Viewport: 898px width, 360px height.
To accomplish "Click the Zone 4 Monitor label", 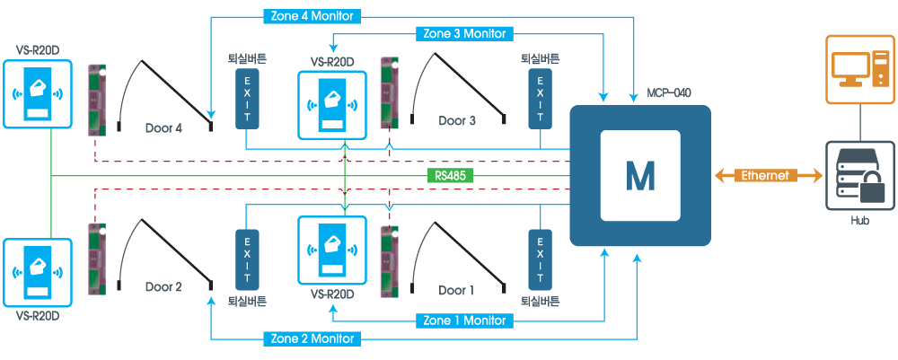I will click(313, 15).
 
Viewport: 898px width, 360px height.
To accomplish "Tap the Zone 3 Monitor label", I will click(464, 34).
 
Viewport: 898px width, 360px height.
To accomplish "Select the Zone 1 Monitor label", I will click(464, 320).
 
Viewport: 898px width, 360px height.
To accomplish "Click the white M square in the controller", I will click(640, 176).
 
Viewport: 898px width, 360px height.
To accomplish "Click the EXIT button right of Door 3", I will click(540, 100).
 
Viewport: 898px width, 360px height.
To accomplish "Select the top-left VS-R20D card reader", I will click(37, 92).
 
